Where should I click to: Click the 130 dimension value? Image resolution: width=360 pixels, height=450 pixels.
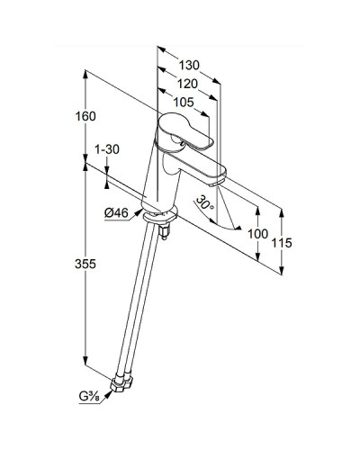(x=189, y=65)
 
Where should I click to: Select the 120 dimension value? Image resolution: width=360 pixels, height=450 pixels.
(x=187, y=85)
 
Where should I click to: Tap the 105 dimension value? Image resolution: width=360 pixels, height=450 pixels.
(x=184, y=103)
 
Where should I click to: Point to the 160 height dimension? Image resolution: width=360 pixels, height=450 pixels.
(x=85, y=116)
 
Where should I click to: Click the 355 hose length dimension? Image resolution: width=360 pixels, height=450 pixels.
(x=85, y=264)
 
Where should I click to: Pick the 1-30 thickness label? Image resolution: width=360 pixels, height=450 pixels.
(x=107, y=149)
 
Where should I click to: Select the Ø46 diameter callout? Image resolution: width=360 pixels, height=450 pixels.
(x=116, y=213)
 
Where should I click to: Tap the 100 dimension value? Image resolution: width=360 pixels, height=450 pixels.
(x=257, y=234)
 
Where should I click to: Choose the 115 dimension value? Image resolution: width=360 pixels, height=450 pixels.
(x=282, y=243)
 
